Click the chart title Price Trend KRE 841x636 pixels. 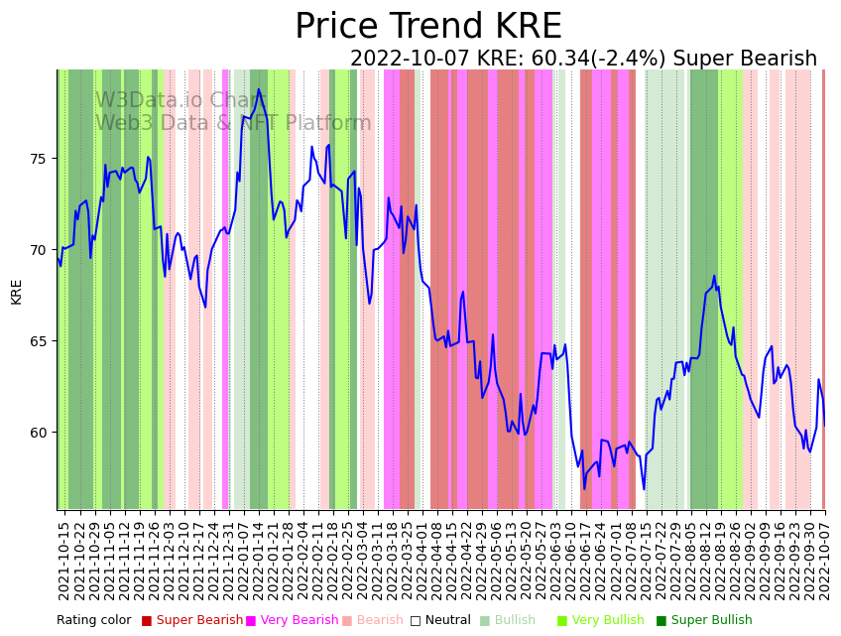coord(427,27)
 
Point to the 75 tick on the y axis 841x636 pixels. coord(43,159)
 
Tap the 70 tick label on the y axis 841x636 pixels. coord(43,250)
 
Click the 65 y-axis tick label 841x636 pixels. coord(43,341)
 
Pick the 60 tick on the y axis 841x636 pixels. coord(43,433)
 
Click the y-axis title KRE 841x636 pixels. coord(17,291)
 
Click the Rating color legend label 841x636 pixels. coord(93,621)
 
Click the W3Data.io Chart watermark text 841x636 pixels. coord(180,101)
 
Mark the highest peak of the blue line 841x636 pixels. coord(259,89)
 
